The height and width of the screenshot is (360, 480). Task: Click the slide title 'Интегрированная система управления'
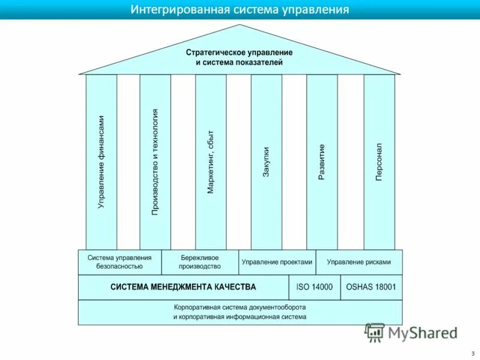pos(239,10)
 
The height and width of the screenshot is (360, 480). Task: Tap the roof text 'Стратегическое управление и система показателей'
pos(239,57)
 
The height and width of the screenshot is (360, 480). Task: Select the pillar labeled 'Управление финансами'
pos(101,162)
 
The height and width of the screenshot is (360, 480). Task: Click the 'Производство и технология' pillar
pos(155,162)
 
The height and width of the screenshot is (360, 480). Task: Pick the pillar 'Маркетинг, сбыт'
pos(211,162)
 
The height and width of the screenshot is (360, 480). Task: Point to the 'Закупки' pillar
pos(266,162)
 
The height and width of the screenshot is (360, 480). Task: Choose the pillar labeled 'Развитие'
pos(322,162)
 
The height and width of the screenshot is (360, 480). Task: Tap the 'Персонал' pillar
pos(379,162)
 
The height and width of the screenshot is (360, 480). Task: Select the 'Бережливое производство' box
pos(200,262)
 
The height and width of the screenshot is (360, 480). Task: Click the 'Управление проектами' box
pos(277,262)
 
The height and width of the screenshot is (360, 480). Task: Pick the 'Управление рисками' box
pos(359,262)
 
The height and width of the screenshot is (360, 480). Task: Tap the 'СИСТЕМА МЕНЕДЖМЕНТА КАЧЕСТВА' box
pos(183,287)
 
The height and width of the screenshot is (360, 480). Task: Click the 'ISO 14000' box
pos(314,287)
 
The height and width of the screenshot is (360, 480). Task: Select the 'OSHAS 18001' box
pos(371,287)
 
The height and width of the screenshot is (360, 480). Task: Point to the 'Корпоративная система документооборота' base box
pos(240,312)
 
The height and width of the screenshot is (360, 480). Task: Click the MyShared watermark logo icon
pos(375,332)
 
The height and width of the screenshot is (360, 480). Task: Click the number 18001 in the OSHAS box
pos(384,287)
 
